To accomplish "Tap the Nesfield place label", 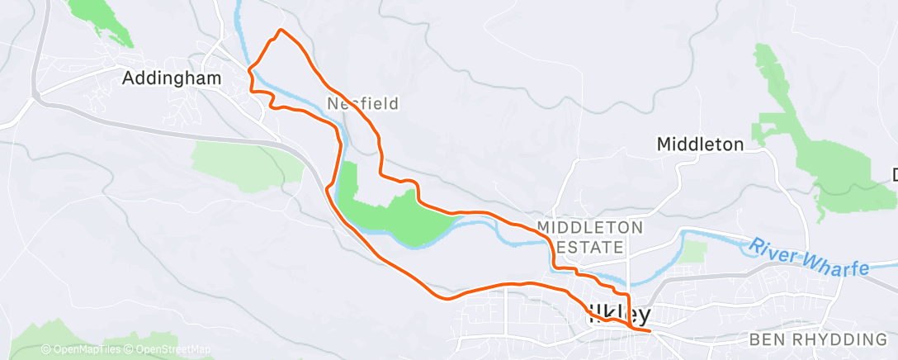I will tap(362, 104).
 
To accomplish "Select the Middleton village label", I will tap(700, 144).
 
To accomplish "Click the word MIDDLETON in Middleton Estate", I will tap(589, 226).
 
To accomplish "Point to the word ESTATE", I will tap(592, 247).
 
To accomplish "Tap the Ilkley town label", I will tap(618, 315).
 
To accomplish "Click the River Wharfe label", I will tap(809, 258).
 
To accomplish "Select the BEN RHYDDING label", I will tap(817, 339).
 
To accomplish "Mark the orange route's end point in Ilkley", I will tap(650, 330).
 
